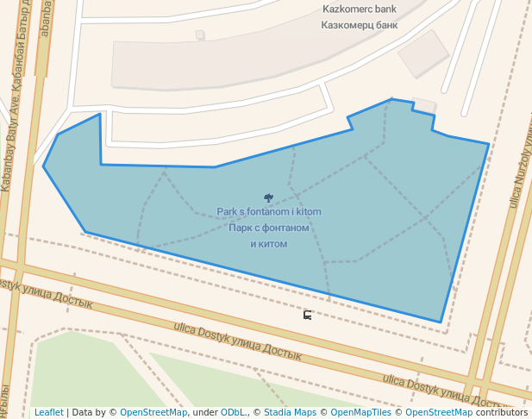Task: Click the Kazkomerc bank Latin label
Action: click(x=359, y=9)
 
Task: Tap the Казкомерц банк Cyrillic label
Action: click(x=359, y=25)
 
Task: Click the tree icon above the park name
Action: click(x=268, y=198)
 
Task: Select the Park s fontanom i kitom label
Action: click(x=268, y=212)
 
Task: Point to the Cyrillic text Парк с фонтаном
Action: click(x=268, y=228)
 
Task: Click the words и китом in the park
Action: click(x=268, y=244)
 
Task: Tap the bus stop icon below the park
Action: click(x=308, y=315)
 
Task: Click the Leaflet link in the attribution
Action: click(x=48, y=412)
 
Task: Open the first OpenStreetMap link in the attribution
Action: click(x=153, y=412)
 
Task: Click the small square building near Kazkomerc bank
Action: click(x=200, y=35)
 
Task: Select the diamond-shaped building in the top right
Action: click(x=422, y=53)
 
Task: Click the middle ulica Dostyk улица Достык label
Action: click(x=237, y=341)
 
